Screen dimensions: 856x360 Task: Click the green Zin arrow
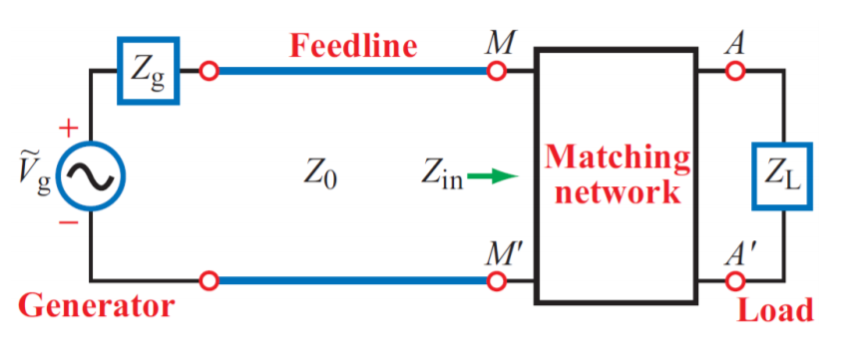coord(492,177)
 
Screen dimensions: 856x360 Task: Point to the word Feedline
coord(352,46)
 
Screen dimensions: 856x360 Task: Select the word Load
coord(774,310)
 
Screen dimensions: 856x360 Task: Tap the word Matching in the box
coord(618,160)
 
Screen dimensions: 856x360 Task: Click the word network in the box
coord(618,193)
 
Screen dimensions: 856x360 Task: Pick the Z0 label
coord(320,177)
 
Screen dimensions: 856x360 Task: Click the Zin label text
coord(442,177)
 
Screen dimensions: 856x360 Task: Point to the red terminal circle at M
coord(496,71)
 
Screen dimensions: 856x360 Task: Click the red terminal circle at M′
coord(496,281)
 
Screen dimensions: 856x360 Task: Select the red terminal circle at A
coord(735,71)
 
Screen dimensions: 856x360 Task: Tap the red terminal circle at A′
coord(735,281)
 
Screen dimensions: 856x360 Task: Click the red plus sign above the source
coord(68,130)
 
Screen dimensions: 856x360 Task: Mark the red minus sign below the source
coord(69,222)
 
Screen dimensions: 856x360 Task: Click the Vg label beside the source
coord(37,176)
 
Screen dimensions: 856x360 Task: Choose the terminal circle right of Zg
coord(209,71)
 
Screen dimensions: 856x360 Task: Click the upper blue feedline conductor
coord(352,71)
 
